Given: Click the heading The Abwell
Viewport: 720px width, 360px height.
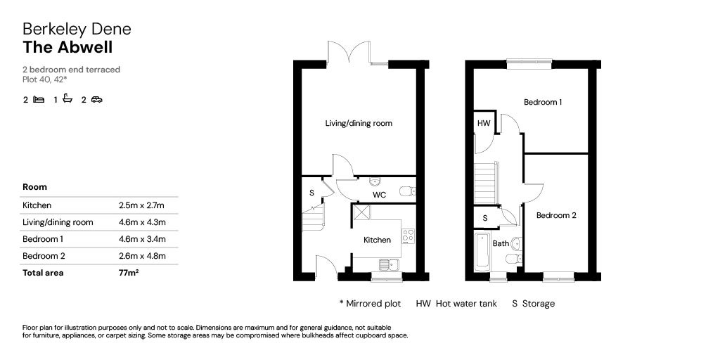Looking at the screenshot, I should pyautogui.click(x=67, y=47).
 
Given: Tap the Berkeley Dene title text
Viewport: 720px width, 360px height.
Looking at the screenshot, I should pyautogui.click(x=77, y=29).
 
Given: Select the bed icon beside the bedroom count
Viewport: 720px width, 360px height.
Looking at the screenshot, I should pyautogui.click(x=39, y=100).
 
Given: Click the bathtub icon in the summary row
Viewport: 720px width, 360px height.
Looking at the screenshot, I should pyautogui.click(x=68, y=99).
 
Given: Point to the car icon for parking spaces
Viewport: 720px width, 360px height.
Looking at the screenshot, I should pyautogui.click(x=96, y=100).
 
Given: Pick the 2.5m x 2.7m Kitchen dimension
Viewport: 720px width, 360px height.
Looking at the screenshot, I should pyautogui.click(x=141, y=205).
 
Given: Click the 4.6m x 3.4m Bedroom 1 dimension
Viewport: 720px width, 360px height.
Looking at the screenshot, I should pyautogui.click(x=142, y=239).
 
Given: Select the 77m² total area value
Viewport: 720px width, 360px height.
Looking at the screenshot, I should pyautogui.click(x=129, y=273).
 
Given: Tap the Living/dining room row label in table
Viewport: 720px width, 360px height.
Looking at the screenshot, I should pyautogui.click(x=58, y=222).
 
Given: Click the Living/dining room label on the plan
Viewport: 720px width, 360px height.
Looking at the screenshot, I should pyautogui.click(x=358, y=123).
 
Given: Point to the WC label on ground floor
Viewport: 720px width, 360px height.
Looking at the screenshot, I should pyautogui.click(x=379, y=195).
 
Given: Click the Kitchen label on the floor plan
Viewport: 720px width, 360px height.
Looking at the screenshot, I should pyautogui.click(x=377, y=240).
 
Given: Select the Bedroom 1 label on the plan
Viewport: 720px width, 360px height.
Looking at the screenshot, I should pyautogui.click(x=543, y=102).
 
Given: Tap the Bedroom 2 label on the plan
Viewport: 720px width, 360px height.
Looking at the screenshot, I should pyautogui.click(x=556, y=215).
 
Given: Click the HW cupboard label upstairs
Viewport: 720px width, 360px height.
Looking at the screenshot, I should pyautogui.click(x=484, y=123).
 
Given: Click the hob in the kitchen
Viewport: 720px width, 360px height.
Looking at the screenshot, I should pyautogui.click(x=408, y=236).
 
